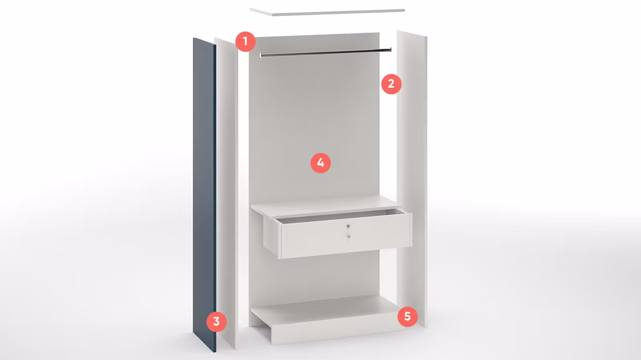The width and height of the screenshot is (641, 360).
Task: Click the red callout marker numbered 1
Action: point(245,42)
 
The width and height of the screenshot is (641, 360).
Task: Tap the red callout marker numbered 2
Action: point(391,84)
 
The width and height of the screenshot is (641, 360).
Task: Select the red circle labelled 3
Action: point(216,322)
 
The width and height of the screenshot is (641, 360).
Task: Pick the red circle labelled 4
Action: point(320,163)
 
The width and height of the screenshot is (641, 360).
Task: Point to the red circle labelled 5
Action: point(407,316)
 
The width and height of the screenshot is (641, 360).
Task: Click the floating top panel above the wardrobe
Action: point(327,12)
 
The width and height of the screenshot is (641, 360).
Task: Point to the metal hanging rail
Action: point(326,52)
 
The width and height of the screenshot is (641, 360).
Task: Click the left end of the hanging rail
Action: point(261,55)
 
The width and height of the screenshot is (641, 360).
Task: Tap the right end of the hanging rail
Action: point(390,50)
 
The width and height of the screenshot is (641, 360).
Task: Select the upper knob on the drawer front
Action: point(348,226)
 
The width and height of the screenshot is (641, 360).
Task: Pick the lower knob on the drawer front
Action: point(348,236)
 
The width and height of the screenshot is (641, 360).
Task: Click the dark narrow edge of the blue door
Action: point(215,198)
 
